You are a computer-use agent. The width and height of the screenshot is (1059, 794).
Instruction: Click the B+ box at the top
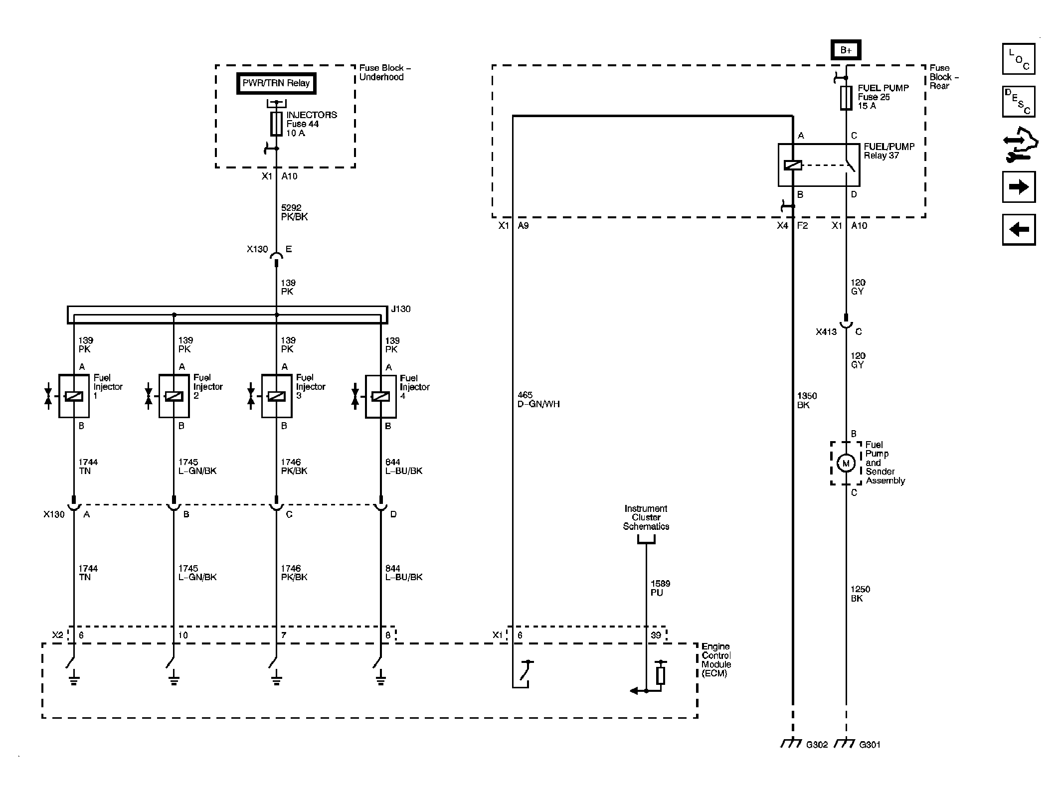pos(846,50)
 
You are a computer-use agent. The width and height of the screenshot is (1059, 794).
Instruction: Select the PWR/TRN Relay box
pos(276,83)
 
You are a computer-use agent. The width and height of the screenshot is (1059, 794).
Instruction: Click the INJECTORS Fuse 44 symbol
pos(276,124)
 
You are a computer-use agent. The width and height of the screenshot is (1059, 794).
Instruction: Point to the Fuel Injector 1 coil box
pos(74,396)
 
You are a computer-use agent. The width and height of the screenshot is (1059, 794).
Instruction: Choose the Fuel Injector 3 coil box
pos(277,396)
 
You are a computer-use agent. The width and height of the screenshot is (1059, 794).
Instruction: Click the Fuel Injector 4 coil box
pos(381,396)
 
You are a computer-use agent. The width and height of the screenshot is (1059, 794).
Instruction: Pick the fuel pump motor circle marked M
pos(846,464)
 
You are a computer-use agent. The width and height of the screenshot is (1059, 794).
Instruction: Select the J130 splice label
pos(401,309)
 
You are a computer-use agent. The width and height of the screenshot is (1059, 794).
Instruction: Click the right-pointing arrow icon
pos(1019,187)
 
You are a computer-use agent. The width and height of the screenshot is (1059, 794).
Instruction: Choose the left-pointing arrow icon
pos(1019,230)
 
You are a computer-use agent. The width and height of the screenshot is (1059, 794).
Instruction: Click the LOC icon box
pos(1019,59)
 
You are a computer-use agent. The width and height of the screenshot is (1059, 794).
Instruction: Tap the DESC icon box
pos(1019,102)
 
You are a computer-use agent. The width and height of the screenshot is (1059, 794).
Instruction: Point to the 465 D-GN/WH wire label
pos(538,400)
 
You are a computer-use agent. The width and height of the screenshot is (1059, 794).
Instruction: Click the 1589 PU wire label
pos(660,588)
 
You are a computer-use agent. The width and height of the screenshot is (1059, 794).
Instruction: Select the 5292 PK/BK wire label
pos(295,212)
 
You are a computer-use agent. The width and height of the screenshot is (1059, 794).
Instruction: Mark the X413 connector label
pos(826,331)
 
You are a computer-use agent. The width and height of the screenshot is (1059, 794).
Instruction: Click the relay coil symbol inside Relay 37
pos(793,165)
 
